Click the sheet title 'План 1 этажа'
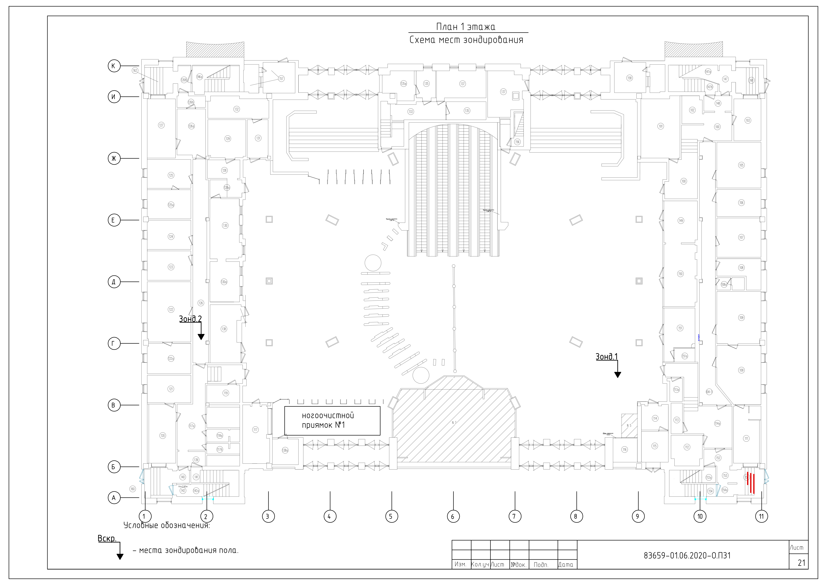pyautogui.click(x=466, y=27)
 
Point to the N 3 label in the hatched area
pyautogui.click(x=454, y=422)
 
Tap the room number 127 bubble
pyautogui.click(x=161, y=125)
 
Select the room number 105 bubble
pyautogui.click(x=741, y=165)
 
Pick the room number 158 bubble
pyautogui.click(x=630, y=78)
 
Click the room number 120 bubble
pyautogui.click(x=163, y=435)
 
